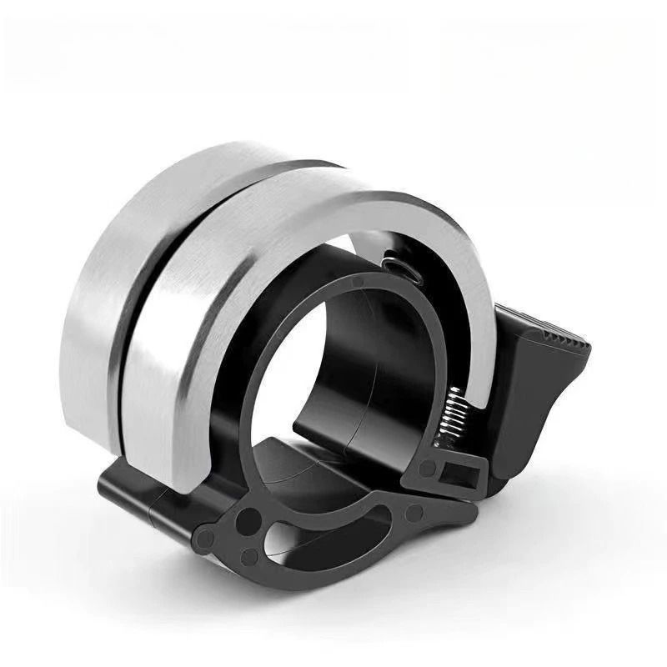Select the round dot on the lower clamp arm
tap(411, 510)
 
